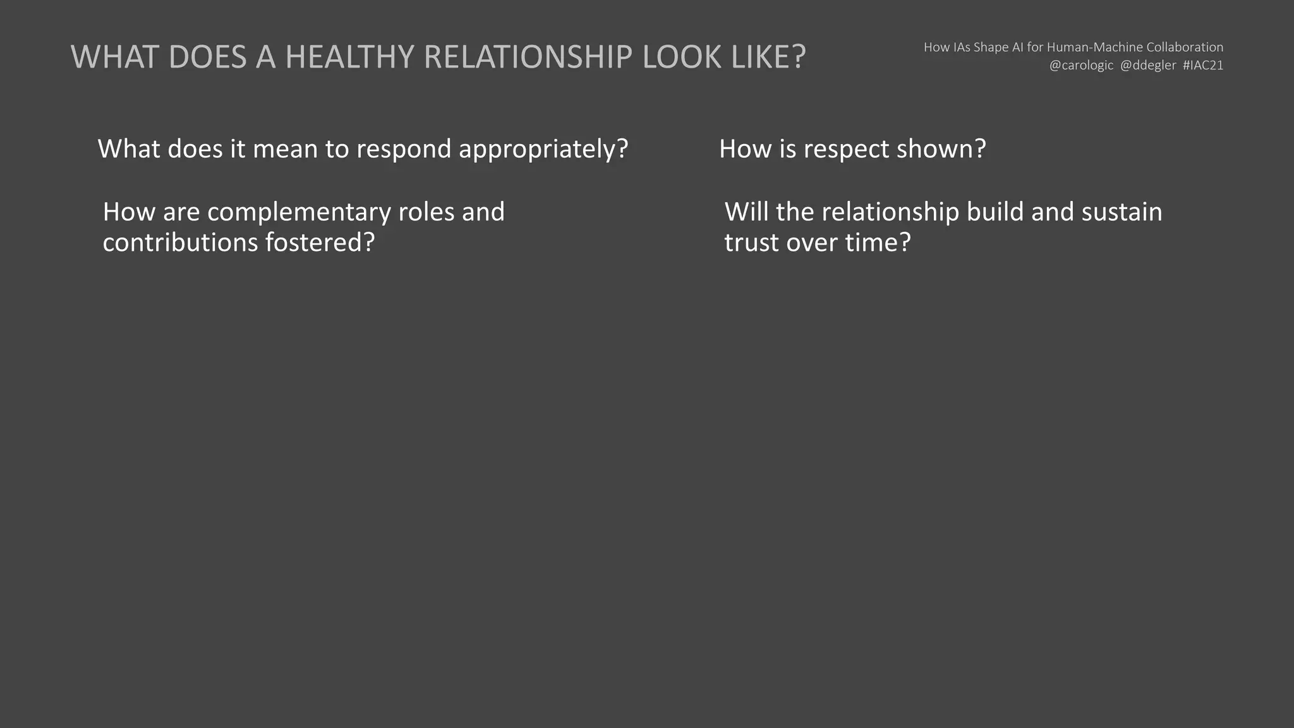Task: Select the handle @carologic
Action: pyautogui.click(x=1081, y=66)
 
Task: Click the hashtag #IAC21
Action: pyautogui.click(x=1203, y=66)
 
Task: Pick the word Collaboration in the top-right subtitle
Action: pyautogui.click(x=1185, y=47)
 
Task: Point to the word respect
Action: pyautogui.click(x=846, y=150)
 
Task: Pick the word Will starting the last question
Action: pyautogui.click(x=746, y=212)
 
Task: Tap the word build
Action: pyautogui.click(x=995, y=212)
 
